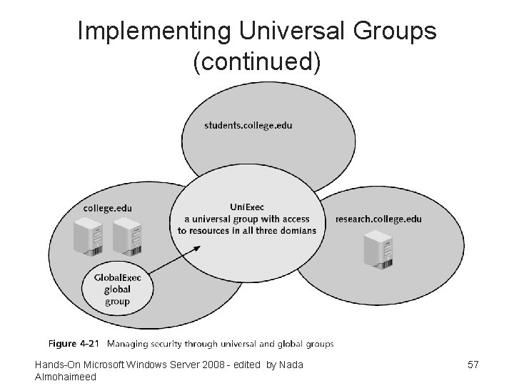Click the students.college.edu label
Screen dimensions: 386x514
pos(248,126)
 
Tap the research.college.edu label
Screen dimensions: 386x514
pos(378,219)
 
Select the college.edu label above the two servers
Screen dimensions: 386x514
pos(108,208)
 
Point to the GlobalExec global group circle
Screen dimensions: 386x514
pos(117,290)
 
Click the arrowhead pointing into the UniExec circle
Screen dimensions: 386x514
pos(197,248)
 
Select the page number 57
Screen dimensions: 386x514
pos(473,365)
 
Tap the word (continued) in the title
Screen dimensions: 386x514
pos(257,63)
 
